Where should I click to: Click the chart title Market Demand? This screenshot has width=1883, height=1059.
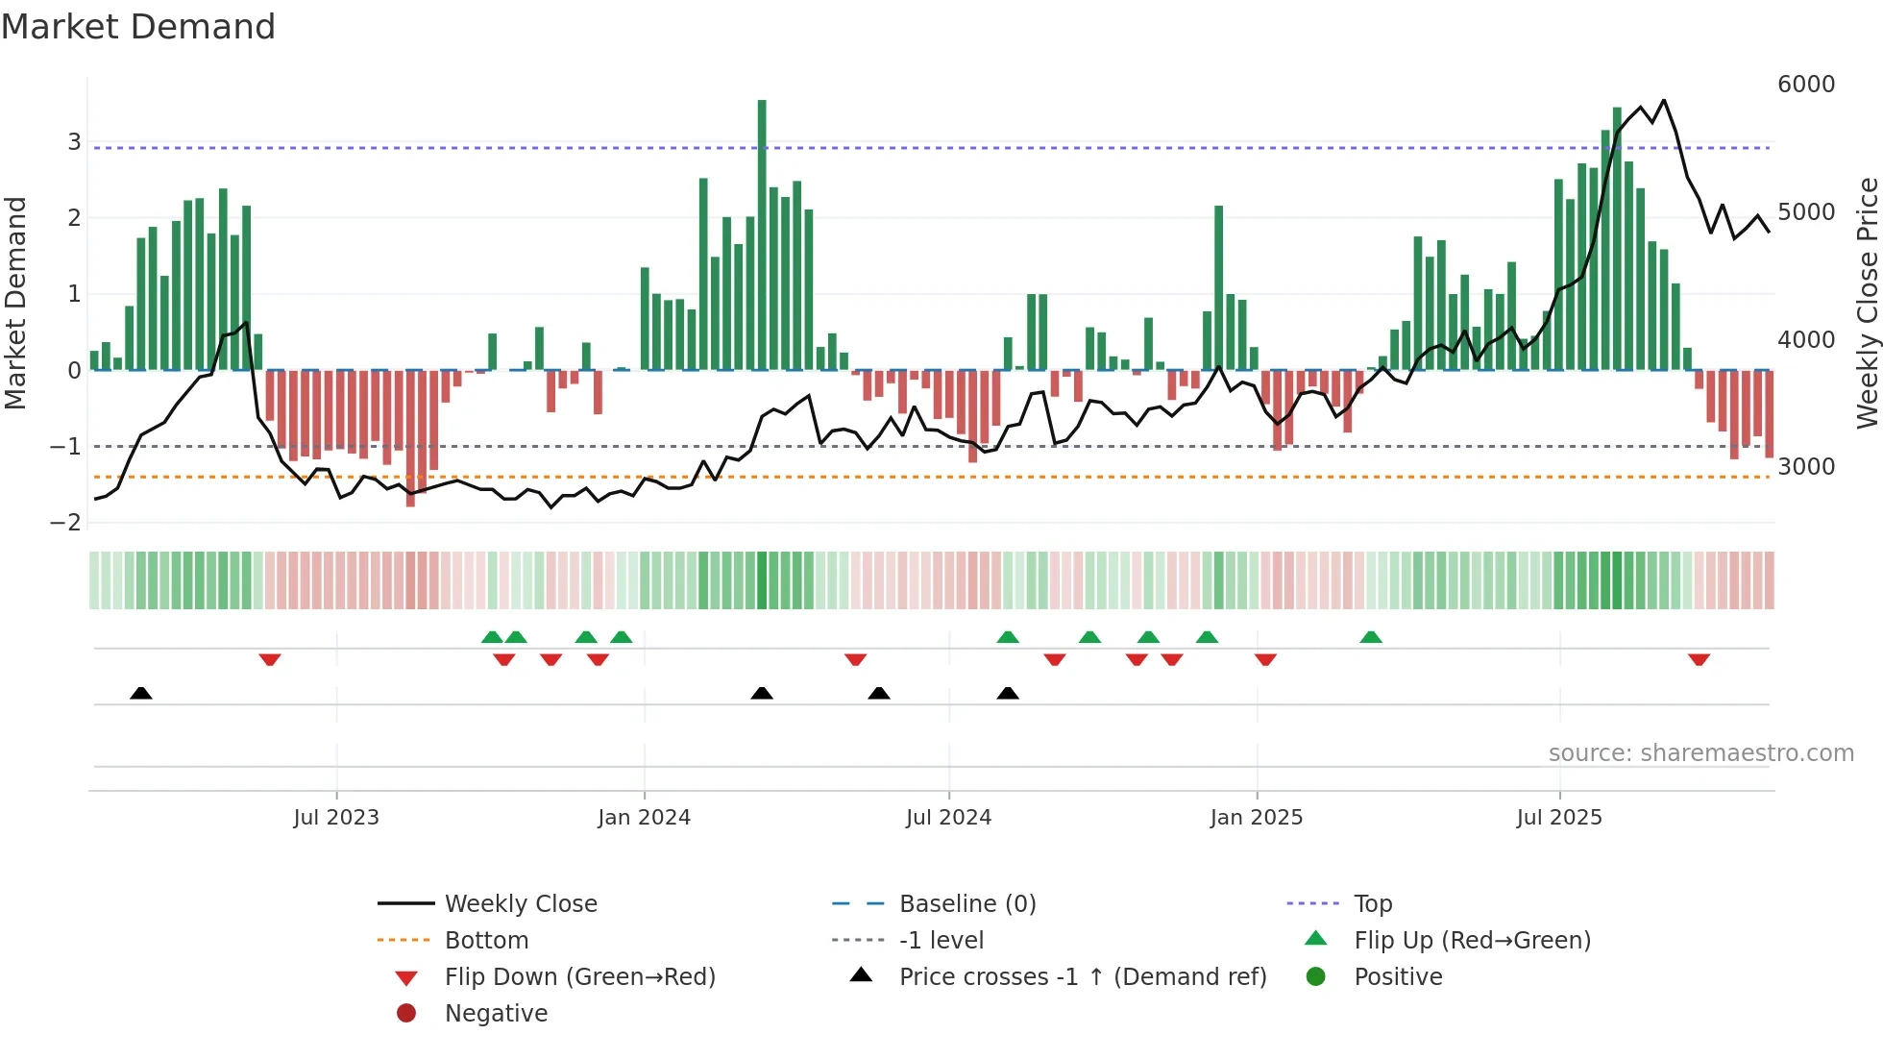pos(138,27)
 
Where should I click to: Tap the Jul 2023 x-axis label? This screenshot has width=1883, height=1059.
pos(336,818)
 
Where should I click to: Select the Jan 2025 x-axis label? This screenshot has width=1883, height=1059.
pos(1256,818)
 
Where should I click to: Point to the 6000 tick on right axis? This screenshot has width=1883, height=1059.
pos(1805,85)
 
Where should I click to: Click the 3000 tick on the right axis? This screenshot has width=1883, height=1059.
pos(1805,467)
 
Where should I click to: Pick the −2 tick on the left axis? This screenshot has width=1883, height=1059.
pos(66,523)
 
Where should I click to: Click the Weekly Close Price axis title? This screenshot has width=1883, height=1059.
pos(1867,303)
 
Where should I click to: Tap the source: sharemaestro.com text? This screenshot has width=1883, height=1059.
pos(1700,753)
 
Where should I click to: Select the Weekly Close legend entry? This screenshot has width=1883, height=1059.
pos(520,904)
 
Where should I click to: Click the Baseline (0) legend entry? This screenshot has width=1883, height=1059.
pos(966,904)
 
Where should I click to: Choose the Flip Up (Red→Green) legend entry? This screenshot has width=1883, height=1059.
pos(1472,941)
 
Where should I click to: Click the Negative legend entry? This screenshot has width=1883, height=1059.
pos(496,1014)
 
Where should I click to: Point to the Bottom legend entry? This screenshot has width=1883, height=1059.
pos(486,941)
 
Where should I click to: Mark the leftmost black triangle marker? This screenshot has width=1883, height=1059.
pos(141,693)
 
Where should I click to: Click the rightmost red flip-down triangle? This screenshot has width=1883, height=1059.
pos(1699,659)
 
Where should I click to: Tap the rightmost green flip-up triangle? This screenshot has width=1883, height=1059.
pos(1371,637)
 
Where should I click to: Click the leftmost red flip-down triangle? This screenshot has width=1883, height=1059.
pos(270,659)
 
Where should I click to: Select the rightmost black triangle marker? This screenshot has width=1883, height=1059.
pos(1008,693)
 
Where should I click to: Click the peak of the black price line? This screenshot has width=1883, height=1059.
pos(1664,100)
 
